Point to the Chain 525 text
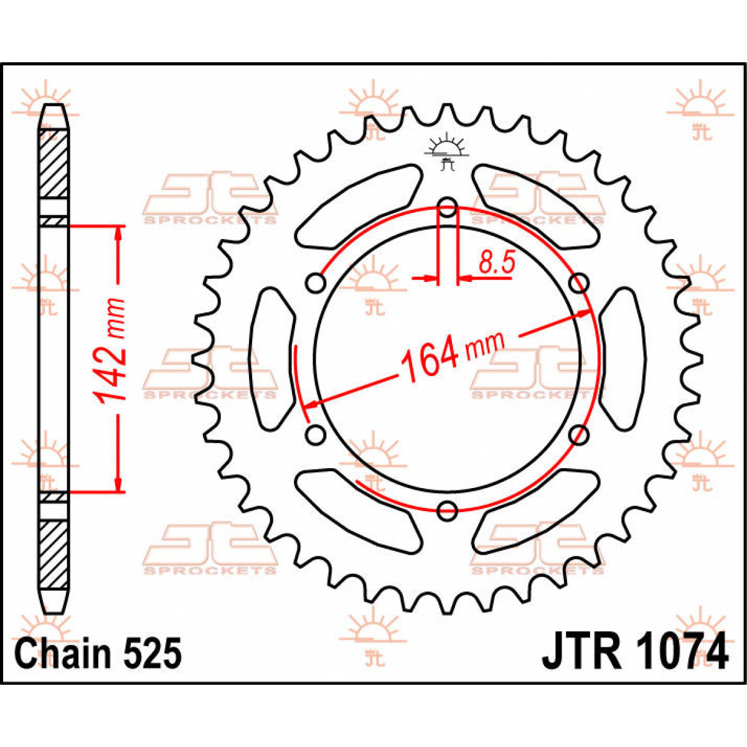(x=98, y=654)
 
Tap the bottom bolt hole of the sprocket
(x=448, y=510)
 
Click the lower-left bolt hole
(x=316, y=434)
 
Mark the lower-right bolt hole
(x=579, y=434)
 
